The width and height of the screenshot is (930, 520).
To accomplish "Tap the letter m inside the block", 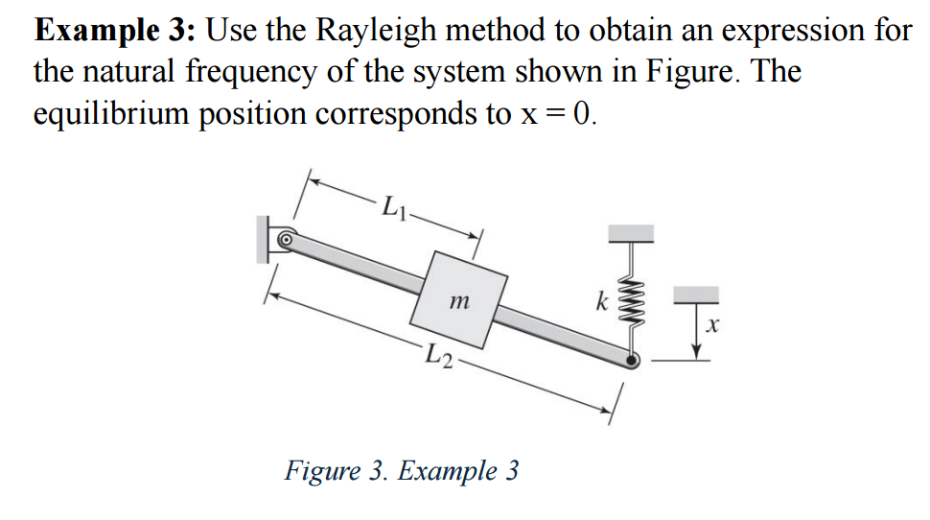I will coord(458,302).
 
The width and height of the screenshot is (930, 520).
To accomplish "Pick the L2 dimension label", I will coord(442,355).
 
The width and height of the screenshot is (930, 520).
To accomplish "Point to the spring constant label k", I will coord(602,303).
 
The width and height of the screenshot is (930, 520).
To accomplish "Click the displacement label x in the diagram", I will coord(710,327).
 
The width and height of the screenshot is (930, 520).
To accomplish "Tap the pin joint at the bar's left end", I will coord(285,237).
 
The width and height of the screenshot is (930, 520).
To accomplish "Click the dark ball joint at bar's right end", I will coord(632,361).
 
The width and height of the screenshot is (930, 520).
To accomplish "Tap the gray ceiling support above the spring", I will coord(632,232).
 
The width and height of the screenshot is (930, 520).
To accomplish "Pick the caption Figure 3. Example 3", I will coord(402,471).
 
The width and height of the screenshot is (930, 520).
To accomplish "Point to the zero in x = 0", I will coord(583,113).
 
